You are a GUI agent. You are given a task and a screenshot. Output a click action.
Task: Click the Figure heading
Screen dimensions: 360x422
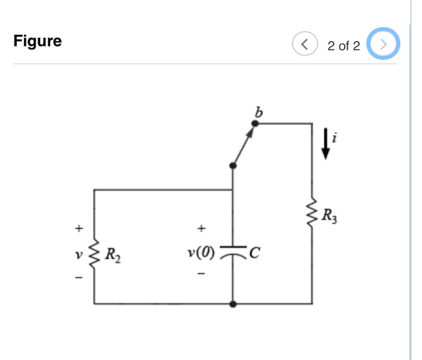(x=37, y=42)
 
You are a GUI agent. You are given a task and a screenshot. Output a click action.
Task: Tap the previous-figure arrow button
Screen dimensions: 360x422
(x=305, y=43)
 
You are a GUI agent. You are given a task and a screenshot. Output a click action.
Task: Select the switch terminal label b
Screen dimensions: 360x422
(x=259, y=112)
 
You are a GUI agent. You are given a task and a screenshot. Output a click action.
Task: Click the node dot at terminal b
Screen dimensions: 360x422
(x=255, y=124)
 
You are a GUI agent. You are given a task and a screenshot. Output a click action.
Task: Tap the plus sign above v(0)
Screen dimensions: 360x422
(x=201, y=228)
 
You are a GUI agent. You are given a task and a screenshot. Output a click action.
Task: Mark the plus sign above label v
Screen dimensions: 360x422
(x=77, y=229)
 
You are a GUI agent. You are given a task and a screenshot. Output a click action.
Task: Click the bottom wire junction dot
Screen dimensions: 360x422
(x=233, y=304)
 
